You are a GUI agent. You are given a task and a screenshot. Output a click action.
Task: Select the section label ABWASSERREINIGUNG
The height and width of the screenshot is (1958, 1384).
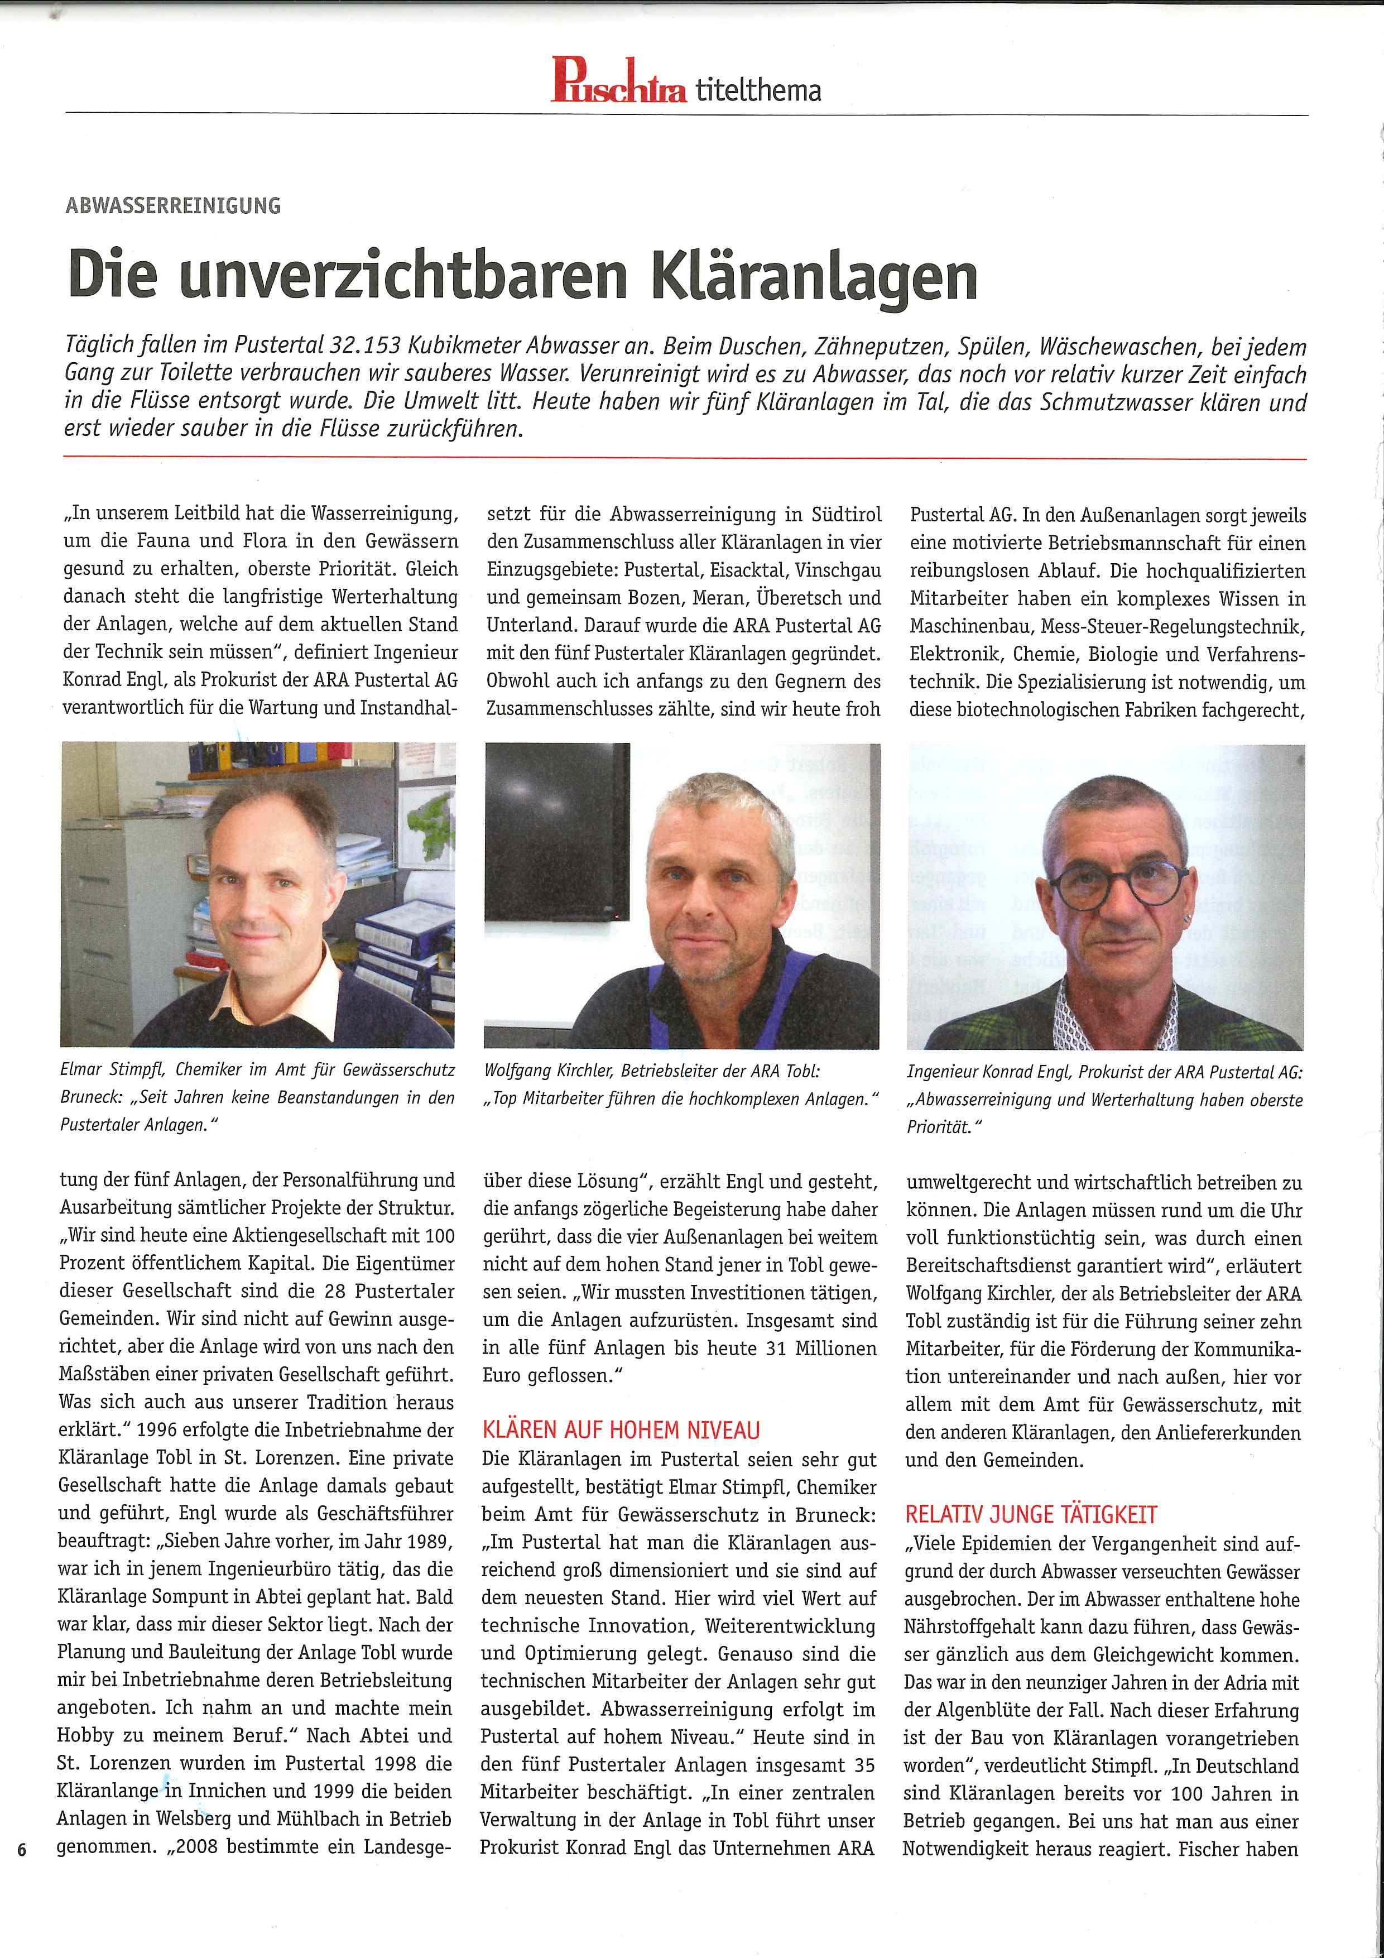(173, 205)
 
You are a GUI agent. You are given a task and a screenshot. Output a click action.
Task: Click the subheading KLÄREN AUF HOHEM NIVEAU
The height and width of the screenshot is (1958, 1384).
(621, 1430)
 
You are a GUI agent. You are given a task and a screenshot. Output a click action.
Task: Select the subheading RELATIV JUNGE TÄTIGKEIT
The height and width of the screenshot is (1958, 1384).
(1031, 1515)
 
